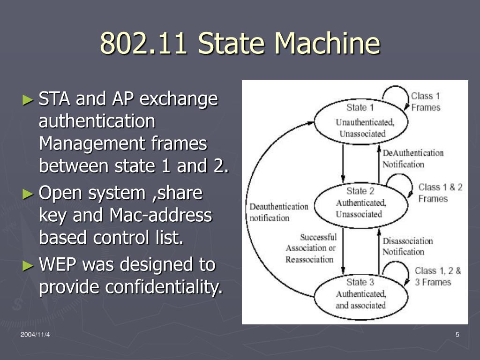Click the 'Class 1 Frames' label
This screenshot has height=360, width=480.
426,102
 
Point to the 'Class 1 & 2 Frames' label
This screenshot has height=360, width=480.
440,193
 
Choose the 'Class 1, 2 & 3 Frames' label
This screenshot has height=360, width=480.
438,276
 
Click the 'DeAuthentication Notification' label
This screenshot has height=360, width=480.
412,158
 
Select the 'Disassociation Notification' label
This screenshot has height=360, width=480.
407,246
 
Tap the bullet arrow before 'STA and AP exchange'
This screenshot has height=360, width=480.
29,99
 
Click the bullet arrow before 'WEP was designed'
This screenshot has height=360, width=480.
29,265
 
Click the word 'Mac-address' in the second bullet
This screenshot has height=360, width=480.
160,215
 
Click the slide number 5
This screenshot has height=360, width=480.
457,334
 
